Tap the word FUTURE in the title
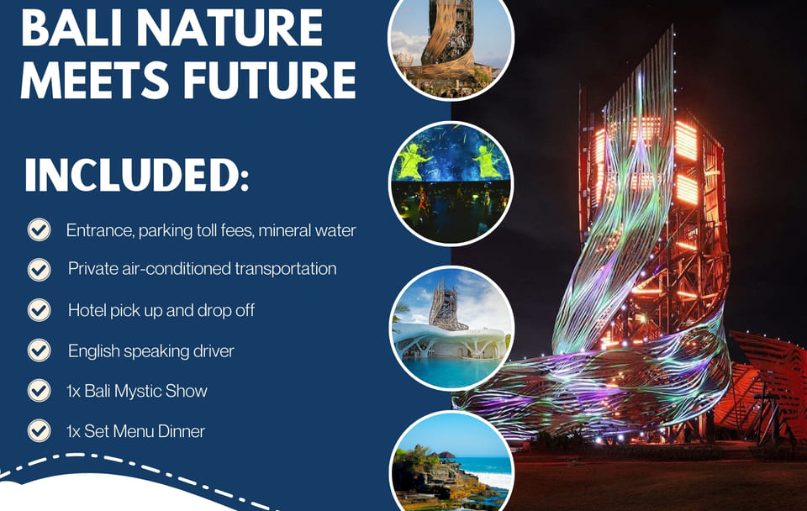269,80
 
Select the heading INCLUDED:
137,176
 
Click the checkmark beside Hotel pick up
40,310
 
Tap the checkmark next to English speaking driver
40,351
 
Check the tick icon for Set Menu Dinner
40,431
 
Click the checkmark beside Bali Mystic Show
40,391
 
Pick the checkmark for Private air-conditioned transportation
40,270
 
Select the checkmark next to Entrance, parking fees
40,229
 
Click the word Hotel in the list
87,310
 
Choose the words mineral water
308,230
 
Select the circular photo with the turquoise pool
451,328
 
